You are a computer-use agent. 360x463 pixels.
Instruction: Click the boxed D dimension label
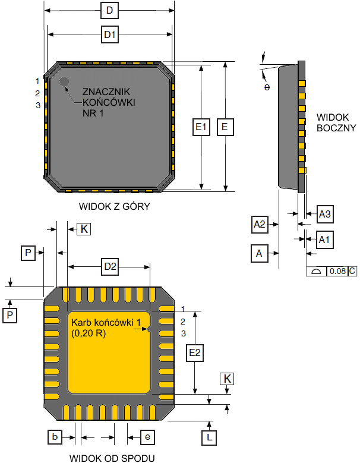pos(109,11)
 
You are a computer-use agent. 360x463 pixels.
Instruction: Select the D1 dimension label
pos(109,35)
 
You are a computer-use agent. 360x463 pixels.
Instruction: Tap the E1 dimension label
pos(202,127)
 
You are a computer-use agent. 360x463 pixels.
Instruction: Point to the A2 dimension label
pos(260,225)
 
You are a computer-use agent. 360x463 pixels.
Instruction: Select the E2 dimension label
pos(195,352)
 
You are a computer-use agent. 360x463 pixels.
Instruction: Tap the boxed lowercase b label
pos(55,437)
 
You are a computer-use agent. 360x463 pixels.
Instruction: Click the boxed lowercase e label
pos(147,437)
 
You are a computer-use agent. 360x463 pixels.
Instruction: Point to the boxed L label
pos(210,438)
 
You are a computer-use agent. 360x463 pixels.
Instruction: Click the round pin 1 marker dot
pos(64,81)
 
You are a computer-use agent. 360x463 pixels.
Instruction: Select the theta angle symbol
pos(267,87)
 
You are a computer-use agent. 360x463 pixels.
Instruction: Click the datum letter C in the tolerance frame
pos(352,272)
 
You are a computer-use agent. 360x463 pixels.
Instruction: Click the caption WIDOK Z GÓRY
pos(114,207)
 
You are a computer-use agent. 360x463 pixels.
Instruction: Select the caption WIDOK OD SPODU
pos(112,458)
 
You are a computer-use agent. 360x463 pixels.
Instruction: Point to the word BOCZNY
pos(336,127)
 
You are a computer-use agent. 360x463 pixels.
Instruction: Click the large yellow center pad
pos(109,357)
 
